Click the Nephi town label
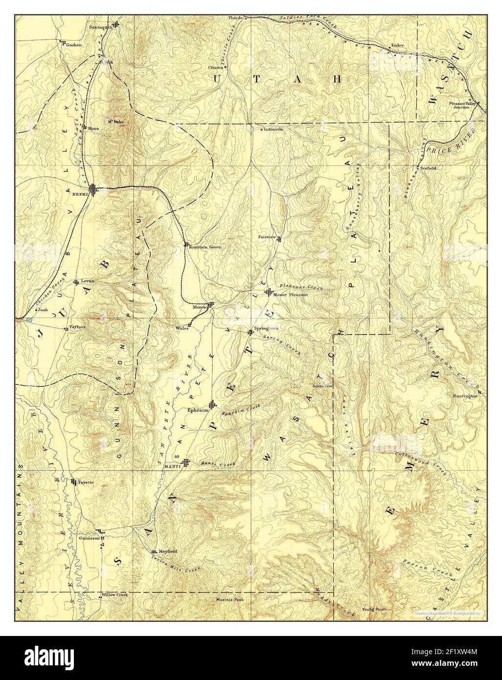click(x=79, y=194)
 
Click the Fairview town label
click(x=267, y=237)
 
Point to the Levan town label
click(x=87, y=281)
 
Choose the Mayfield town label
click(x=167, y=551)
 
